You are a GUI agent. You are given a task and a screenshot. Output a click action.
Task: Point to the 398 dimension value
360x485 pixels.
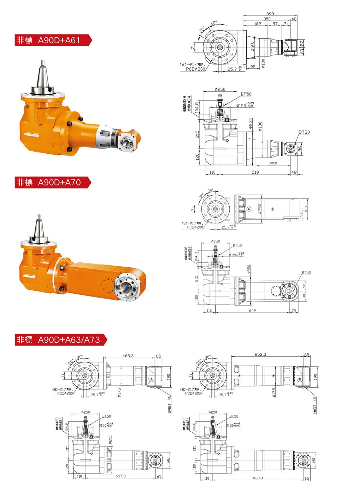270,14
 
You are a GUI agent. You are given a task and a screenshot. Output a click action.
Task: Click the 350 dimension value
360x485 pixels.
267,19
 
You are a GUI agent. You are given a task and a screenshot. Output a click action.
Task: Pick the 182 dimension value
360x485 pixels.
257,24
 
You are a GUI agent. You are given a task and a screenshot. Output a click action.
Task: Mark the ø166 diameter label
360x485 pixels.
253,46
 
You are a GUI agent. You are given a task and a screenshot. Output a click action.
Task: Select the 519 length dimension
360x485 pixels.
255,172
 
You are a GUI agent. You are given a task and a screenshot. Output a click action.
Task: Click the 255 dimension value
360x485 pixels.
273,164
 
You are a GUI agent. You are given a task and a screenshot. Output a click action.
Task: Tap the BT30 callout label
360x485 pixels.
304,132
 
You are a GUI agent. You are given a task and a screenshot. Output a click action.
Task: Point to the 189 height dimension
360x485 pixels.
306,209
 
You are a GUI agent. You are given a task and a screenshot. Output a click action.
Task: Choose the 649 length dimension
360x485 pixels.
252,311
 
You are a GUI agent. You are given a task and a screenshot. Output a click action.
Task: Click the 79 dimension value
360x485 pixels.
294,311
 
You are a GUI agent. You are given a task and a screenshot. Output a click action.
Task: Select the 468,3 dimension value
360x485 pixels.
128,356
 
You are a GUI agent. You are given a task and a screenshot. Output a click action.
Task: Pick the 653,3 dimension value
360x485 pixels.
260,355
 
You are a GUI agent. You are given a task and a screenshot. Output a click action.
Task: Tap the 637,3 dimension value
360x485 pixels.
121,476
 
